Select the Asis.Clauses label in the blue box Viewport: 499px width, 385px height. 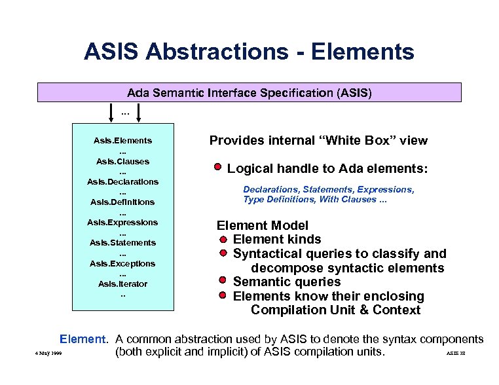pyautogui.click(x=123, y=161)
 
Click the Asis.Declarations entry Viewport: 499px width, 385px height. pyautogui.click(x=123, y=181)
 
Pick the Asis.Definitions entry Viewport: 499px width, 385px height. pyautogui.click(x=123, y=202)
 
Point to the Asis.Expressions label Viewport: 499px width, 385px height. pyautogui.click(x=123, y=222)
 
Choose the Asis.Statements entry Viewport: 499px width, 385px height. pyautogui.click(x=123, y=243)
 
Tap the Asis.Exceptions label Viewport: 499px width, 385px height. pyautogui.click(x=123, y=263)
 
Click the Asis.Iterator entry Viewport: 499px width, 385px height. pyautogui.click(x=123, y=284)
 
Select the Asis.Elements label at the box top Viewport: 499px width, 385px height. pyautogui.click(x=123, y=140)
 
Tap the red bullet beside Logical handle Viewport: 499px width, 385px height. pyautogui.click(x=217, y=167)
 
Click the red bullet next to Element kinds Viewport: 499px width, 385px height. pyautogui.click(x=223, y=238)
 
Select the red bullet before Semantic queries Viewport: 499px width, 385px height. pyautogui.click(x=223, y=281)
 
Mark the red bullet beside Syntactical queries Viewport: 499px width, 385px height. pyautogui.click(x=223, y=253)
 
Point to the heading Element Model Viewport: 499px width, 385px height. pyautogui.click(x=263, y=225)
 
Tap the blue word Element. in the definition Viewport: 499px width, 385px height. pyautogui.click(x=83, y=339)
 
